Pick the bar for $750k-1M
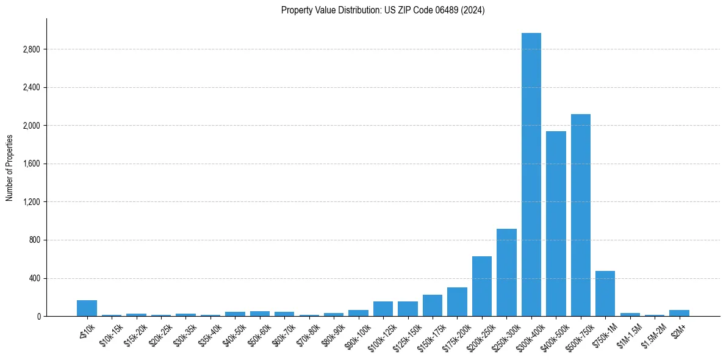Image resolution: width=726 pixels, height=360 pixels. pyautogui.click(x=605, y=293)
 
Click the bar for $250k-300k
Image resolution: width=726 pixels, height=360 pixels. pyautogui.click(x=506, y=272)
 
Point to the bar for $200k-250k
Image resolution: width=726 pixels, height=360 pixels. pyautogui.click(x=482, y=286)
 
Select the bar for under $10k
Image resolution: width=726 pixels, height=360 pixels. pyautogui.click(x=87, y=308)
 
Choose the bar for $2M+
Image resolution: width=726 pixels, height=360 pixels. pyautogui.click(x=679, y=313)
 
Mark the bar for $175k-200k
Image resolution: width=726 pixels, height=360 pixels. pyautogui.click(x=457, y=301)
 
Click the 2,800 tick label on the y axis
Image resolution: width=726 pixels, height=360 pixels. pyautogui.click(x=31, y=49)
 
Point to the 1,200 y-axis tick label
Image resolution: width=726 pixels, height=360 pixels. pyautogui.click(x=31, y=202)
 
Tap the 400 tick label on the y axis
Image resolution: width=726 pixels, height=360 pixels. pyautogui.click(x=34, y=278)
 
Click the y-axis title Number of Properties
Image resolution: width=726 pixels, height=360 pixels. pyautogui.click(x=10, y=167)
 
